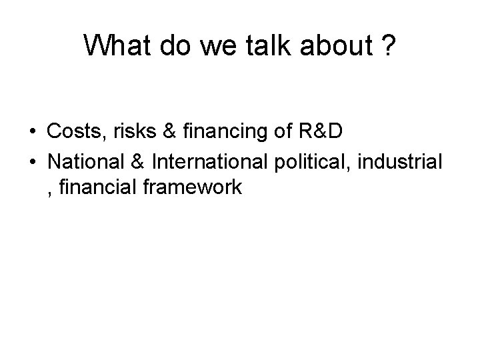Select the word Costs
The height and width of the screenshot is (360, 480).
71,132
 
